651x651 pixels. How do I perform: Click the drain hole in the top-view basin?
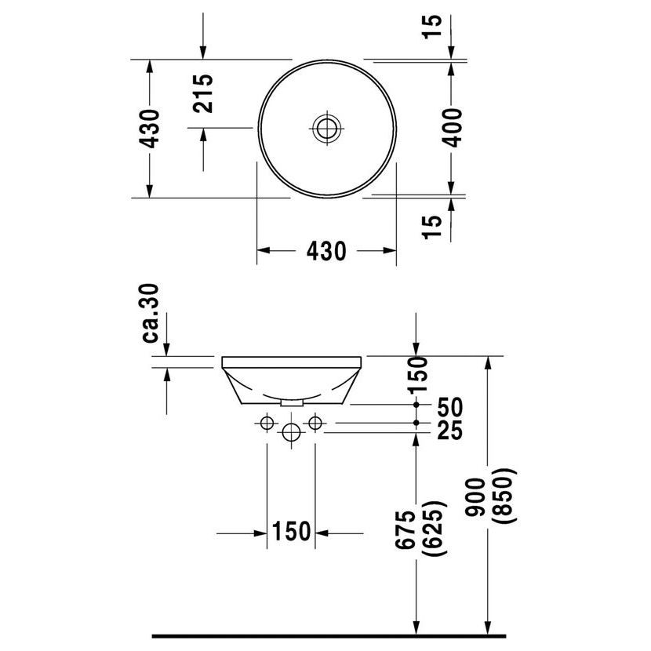pyautogui.click(x=326, y=127)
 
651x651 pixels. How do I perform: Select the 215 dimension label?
pyautogui.click(x=203, y=94)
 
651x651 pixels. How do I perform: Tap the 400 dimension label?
pyautogui.click(x=452, y=127)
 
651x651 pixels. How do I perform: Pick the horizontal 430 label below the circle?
pyautogui.click(x=325, y=251)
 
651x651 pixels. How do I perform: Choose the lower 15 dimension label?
pyautogui.click(x=438, y=226)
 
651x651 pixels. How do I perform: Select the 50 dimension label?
pyautogui.click(x=451, y=406)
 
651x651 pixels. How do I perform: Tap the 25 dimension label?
pyautogui.click(x=451, y=430)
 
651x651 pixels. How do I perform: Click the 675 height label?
pyautogui.click(x=406, y=532)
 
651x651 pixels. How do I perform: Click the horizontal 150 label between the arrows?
pyautogui.click(x=292, y=533)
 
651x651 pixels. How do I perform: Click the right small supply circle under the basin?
pyautogui.click(x=315, y=424)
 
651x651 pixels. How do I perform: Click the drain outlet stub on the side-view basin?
pyautogui.click(x=292, y=401)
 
